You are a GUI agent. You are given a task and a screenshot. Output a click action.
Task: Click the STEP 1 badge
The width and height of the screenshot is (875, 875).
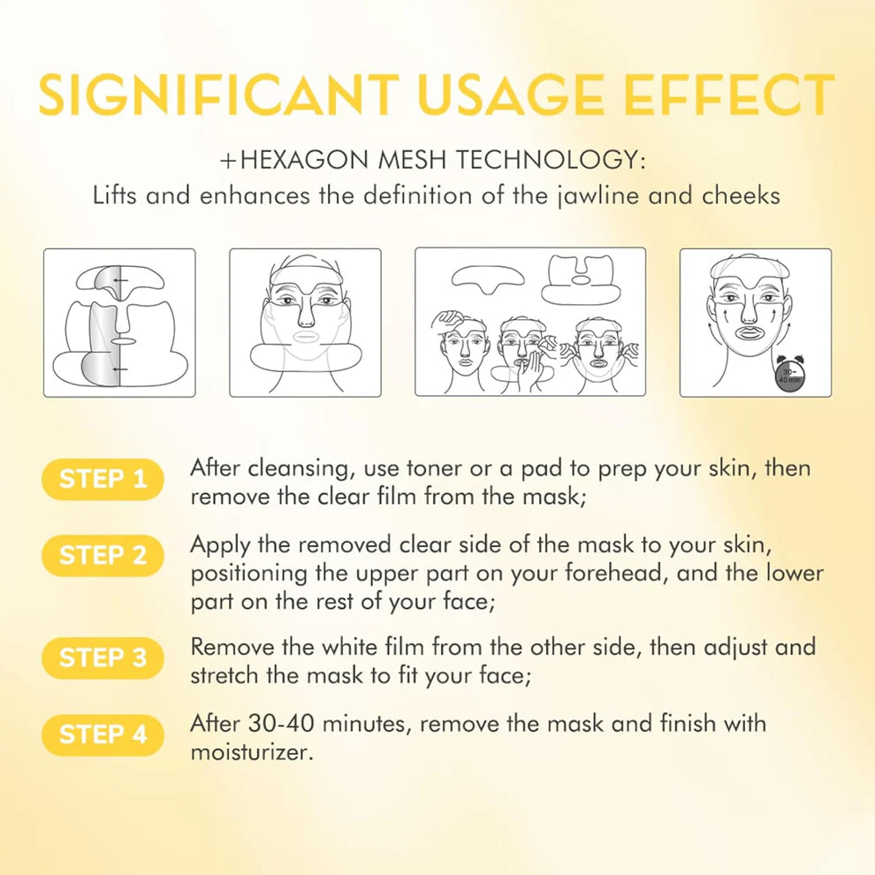coord(103,479)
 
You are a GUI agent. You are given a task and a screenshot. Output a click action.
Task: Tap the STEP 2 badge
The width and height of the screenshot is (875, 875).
coord(103,556)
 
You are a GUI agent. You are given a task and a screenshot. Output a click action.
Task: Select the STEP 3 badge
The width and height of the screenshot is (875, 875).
coord(103,658)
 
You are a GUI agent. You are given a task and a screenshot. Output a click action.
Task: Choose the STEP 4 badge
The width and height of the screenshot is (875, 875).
coord(103,734)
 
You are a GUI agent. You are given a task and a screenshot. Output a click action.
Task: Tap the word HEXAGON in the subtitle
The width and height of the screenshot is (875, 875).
coord(305,160)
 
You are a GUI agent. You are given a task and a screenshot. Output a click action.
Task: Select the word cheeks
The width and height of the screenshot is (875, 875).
coord(741,195)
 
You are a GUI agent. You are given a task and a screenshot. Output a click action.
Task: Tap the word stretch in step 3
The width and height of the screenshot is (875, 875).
coord(225,676)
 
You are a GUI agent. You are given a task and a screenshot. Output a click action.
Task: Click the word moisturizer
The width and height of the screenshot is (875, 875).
coord(252,752)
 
